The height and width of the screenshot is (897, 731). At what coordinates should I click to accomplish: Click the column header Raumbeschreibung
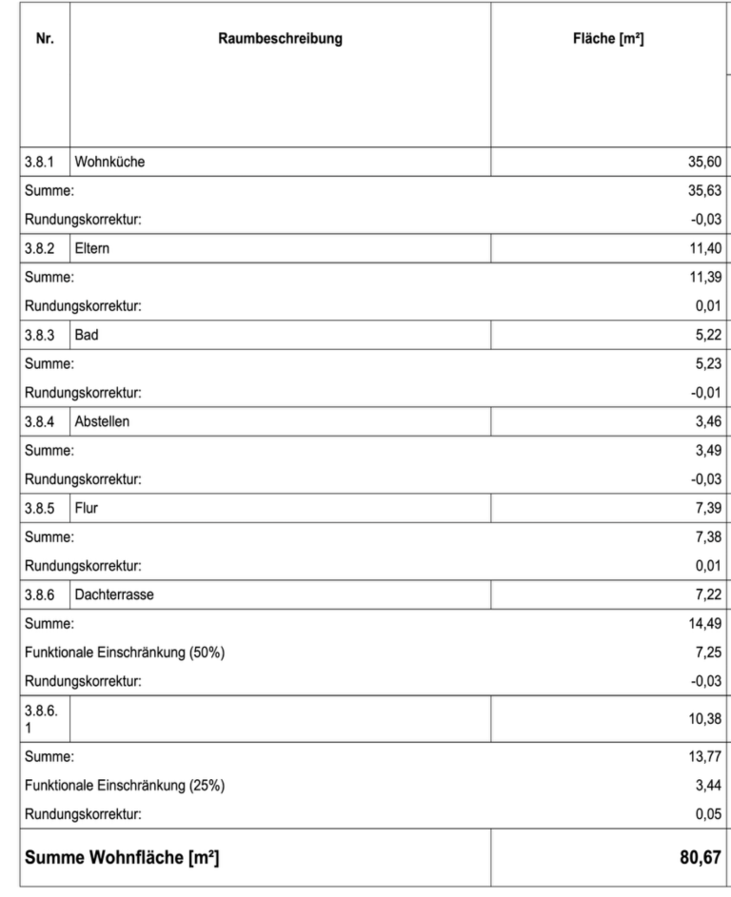[x=280, y=39]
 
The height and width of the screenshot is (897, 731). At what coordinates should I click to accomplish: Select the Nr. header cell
[x=44, y=39]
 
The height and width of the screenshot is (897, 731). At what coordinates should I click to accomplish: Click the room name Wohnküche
[x=109, y=162]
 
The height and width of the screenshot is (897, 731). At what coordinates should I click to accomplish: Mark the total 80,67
[x=702, y=859]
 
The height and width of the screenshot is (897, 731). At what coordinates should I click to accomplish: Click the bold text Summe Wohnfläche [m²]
[x=122, y=859]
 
